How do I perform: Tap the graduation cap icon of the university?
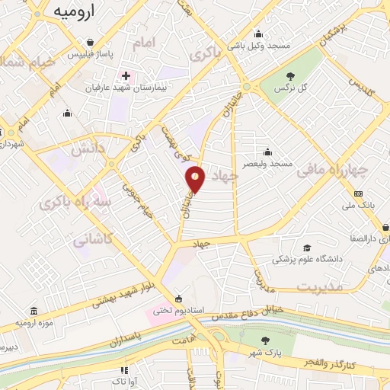tap(306, 248)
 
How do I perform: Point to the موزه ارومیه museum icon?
tap(34, 313)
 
